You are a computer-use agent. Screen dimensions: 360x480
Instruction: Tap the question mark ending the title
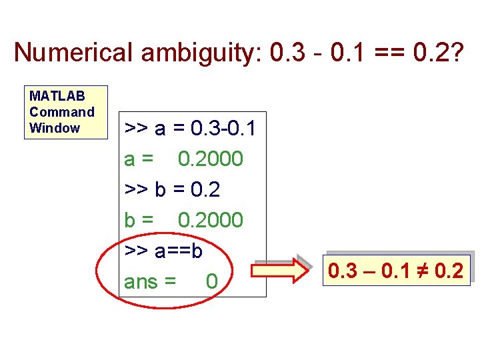455,52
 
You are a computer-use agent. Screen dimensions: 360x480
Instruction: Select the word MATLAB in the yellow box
57,96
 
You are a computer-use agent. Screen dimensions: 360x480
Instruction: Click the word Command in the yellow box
62,112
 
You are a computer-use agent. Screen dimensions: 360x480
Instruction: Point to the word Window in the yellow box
55,128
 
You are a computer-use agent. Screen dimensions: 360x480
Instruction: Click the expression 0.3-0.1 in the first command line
223,128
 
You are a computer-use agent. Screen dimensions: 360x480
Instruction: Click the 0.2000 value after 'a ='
211,159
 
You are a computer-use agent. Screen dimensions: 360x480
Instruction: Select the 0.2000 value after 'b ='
211,220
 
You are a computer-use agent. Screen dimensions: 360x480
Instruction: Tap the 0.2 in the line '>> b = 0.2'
205,190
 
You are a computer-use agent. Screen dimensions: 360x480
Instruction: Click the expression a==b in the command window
178,251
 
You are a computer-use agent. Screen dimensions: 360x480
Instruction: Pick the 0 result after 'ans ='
211,282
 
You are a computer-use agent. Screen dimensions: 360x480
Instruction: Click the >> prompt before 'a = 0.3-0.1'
137,129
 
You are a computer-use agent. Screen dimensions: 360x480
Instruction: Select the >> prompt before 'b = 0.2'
137,191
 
